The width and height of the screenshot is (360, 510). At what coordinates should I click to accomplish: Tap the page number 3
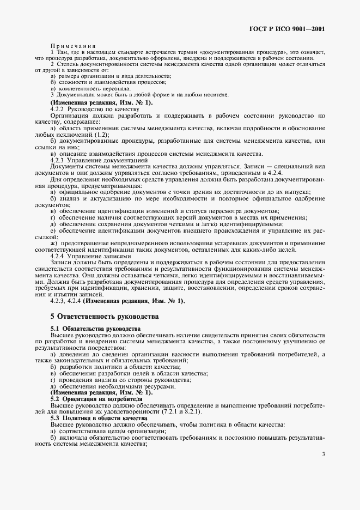[x=323, y=453]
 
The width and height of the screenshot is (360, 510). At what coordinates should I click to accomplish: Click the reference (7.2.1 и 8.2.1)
[x=166, y=411]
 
